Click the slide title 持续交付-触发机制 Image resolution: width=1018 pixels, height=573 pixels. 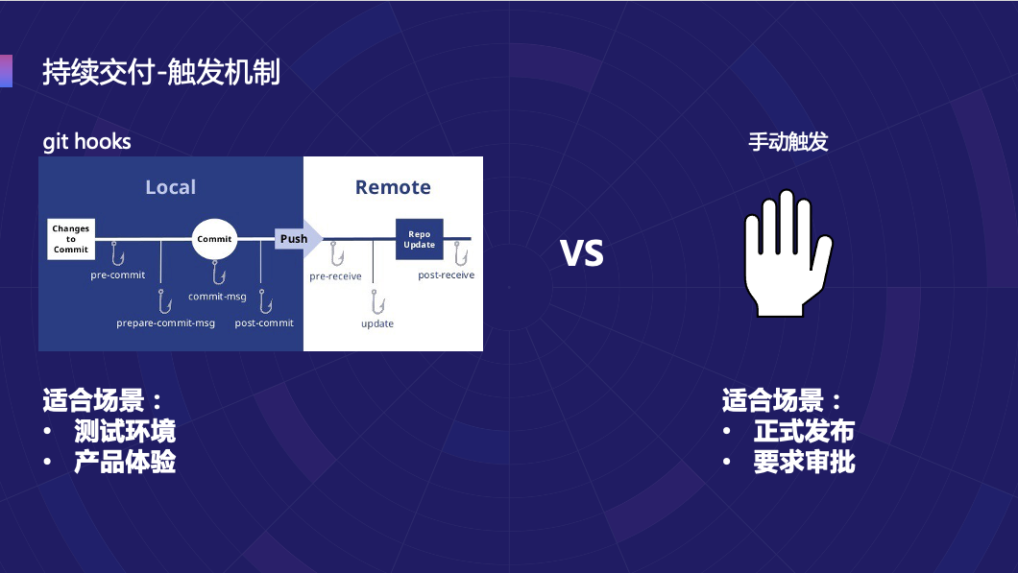click(161, 73)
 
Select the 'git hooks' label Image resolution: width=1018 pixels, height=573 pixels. click(86, 142)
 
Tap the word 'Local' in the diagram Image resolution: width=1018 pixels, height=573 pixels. click(170, 187)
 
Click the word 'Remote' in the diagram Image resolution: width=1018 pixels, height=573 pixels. click(393, 187)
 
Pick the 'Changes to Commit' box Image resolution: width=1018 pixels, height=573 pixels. click(71, 239)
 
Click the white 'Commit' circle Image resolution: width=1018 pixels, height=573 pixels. click(214, 239)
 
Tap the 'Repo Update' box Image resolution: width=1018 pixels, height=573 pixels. click(419, 239)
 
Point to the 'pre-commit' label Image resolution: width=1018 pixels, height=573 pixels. click(118, 275)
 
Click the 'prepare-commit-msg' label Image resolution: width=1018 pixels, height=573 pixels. click(165, 323)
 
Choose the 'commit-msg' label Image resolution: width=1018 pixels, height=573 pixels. click(218, 297)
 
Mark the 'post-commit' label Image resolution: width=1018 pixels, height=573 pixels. click(264, 323)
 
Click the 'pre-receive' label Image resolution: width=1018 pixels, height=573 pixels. click(335, 276)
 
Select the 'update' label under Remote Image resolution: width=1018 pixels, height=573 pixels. click(377, 324)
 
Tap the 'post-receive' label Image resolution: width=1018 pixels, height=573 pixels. click(446, 275)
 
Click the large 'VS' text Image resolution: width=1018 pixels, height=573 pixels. click(582, 252)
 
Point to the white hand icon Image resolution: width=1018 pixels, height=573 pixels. click(788, 254)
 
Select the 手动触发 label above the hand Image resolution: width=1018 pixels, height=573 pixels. click(788, 142)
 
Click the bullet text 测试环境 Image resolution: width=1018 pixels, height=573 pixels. click(125, 431)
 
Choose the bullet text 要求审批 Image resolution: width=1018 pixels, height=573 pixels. click(804, 462)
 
